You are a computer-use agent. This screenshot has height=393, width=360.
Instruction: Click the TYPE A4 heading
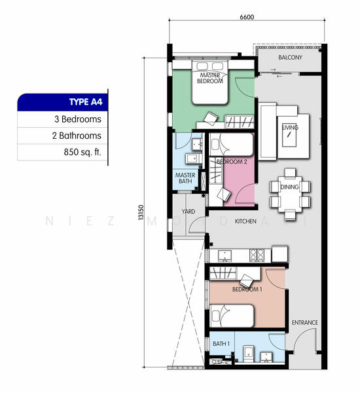click(x=86, y=102)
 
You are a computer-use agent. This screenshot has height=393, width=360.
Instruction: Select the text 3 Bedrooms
click(x=78, y=119)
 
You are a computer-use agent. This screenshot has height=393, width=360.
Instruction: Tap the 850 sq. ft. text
click(x=82, y=152)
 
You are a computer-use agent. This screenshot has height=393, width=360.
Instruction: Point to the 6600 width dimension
click(x=247, y=17)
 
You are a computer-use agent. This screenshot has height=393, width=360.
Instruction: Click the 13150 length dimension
click(x=141, y=212)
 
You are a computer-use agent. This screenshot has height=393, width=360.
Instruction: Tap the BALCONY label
click(x=290, y=58)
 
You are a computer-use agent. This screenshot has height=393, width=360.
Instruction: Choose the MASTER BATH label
click(x=185, y=178)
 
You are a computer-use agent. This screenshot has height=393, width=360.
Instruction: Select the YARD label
click(x=189, y=212)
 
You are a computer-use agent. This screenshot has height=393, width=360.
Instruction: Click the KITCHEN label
click(x=245, y=221)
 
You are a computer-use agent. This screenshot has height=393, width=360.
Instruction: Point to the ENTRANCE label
click(x=304, y=322)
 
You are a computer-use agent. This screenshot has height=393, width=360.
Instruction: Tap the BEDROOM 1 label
click(x=247, y=290)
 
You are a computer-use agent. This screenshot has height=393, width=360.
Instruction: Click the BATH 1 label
click(x=221, y=344)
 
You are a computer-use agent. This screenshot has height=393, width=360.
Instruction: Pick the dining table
click(x=290, y=195)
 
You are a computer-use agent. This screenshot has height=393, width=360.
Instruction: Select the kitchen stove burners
click(x=257, y=255)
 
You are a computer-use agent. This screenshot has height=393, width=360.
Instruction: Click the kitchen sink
click(x=225, y=255)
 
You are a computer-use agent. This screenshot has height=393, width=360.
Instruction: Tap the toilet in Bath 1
click(x=248, y=354)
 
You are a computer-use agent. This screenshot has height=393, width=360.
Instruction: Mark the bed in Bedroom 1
click(x=232, y=316)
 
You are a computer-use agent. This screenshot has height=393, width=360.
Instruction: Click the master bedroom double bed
click(x=210, y=83)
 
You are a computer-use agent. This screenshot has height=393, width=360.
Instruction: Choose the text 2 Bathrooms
click(x=77, y=136)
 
